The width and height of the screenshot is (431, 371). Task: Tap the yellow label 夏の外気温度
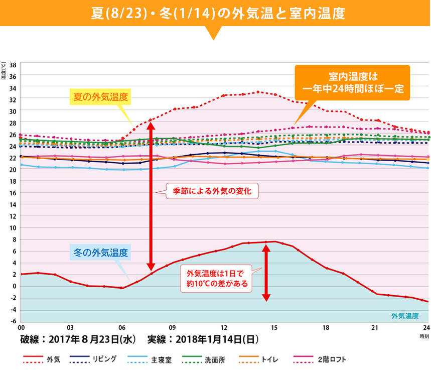99,96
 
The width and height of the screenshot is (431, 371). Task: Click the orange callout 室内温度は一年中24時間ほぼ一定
353,82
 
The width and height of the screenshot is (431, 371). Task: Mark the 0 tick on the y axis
15,286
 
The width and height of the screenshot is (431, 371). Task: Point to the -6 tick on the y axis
13,321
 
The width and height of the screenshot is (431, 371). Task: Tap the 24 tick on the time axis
425,327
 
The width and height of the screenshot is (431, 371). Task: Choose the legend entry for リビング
94,359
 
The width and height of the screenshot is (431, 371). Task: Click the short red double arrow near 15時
266,273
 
